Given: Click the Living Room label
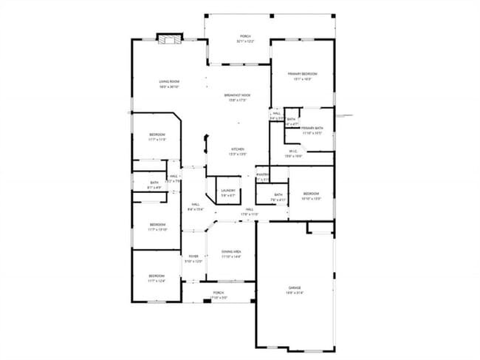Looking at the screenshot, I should point(170,81).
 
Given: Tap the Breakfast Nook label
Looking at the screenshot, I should point(236,95).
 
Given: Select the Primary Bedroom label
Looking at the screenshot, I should point(303,74).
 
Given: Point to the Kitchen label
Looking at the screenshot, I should point(236,149).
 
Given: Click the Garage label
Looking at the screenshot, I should point(295,288).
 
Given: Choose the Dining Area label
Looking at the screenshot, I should point(231,252).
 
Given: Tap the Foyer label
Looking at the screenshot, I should point(193,257).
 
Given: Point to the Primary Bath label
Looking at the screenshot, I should point(312,129).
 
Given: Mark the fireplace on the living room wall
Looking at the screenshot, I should point(169,38).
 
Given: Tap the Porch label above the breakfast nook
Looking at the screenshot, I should point(244,36).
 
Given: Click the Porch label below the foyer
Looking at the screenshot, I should point(219,293).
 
